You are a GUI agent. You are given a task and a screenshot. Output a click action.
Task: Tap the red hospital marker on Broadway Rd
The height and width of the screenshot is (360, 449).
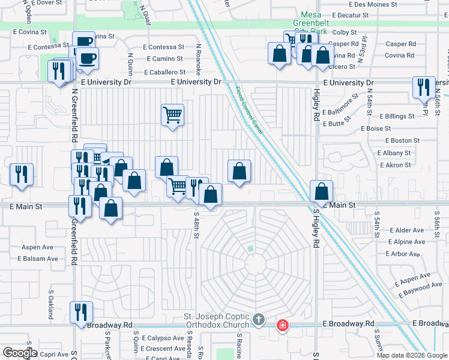282,326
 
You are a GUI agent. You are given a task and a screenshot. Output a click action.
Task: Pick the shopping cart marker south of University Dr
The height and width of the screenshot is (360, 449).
172,114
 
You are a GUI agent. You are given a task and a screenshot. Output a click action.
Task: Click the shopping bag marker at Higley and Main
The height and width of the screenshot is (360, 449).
322,191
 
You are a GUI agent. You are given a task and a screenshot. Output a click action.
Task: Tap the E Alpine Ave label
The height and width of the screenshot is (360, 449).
407,242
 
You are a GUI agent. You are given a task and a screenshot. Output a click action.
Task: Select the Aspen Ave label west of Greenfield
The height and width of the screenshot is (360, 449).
38,247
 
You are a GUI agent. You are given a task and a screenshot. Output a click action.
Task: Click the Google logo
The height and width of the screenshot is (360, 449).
19,353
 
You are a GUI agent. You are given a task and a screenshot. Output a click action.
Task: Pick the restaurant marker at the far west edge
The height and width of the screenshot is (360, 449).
22,175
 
